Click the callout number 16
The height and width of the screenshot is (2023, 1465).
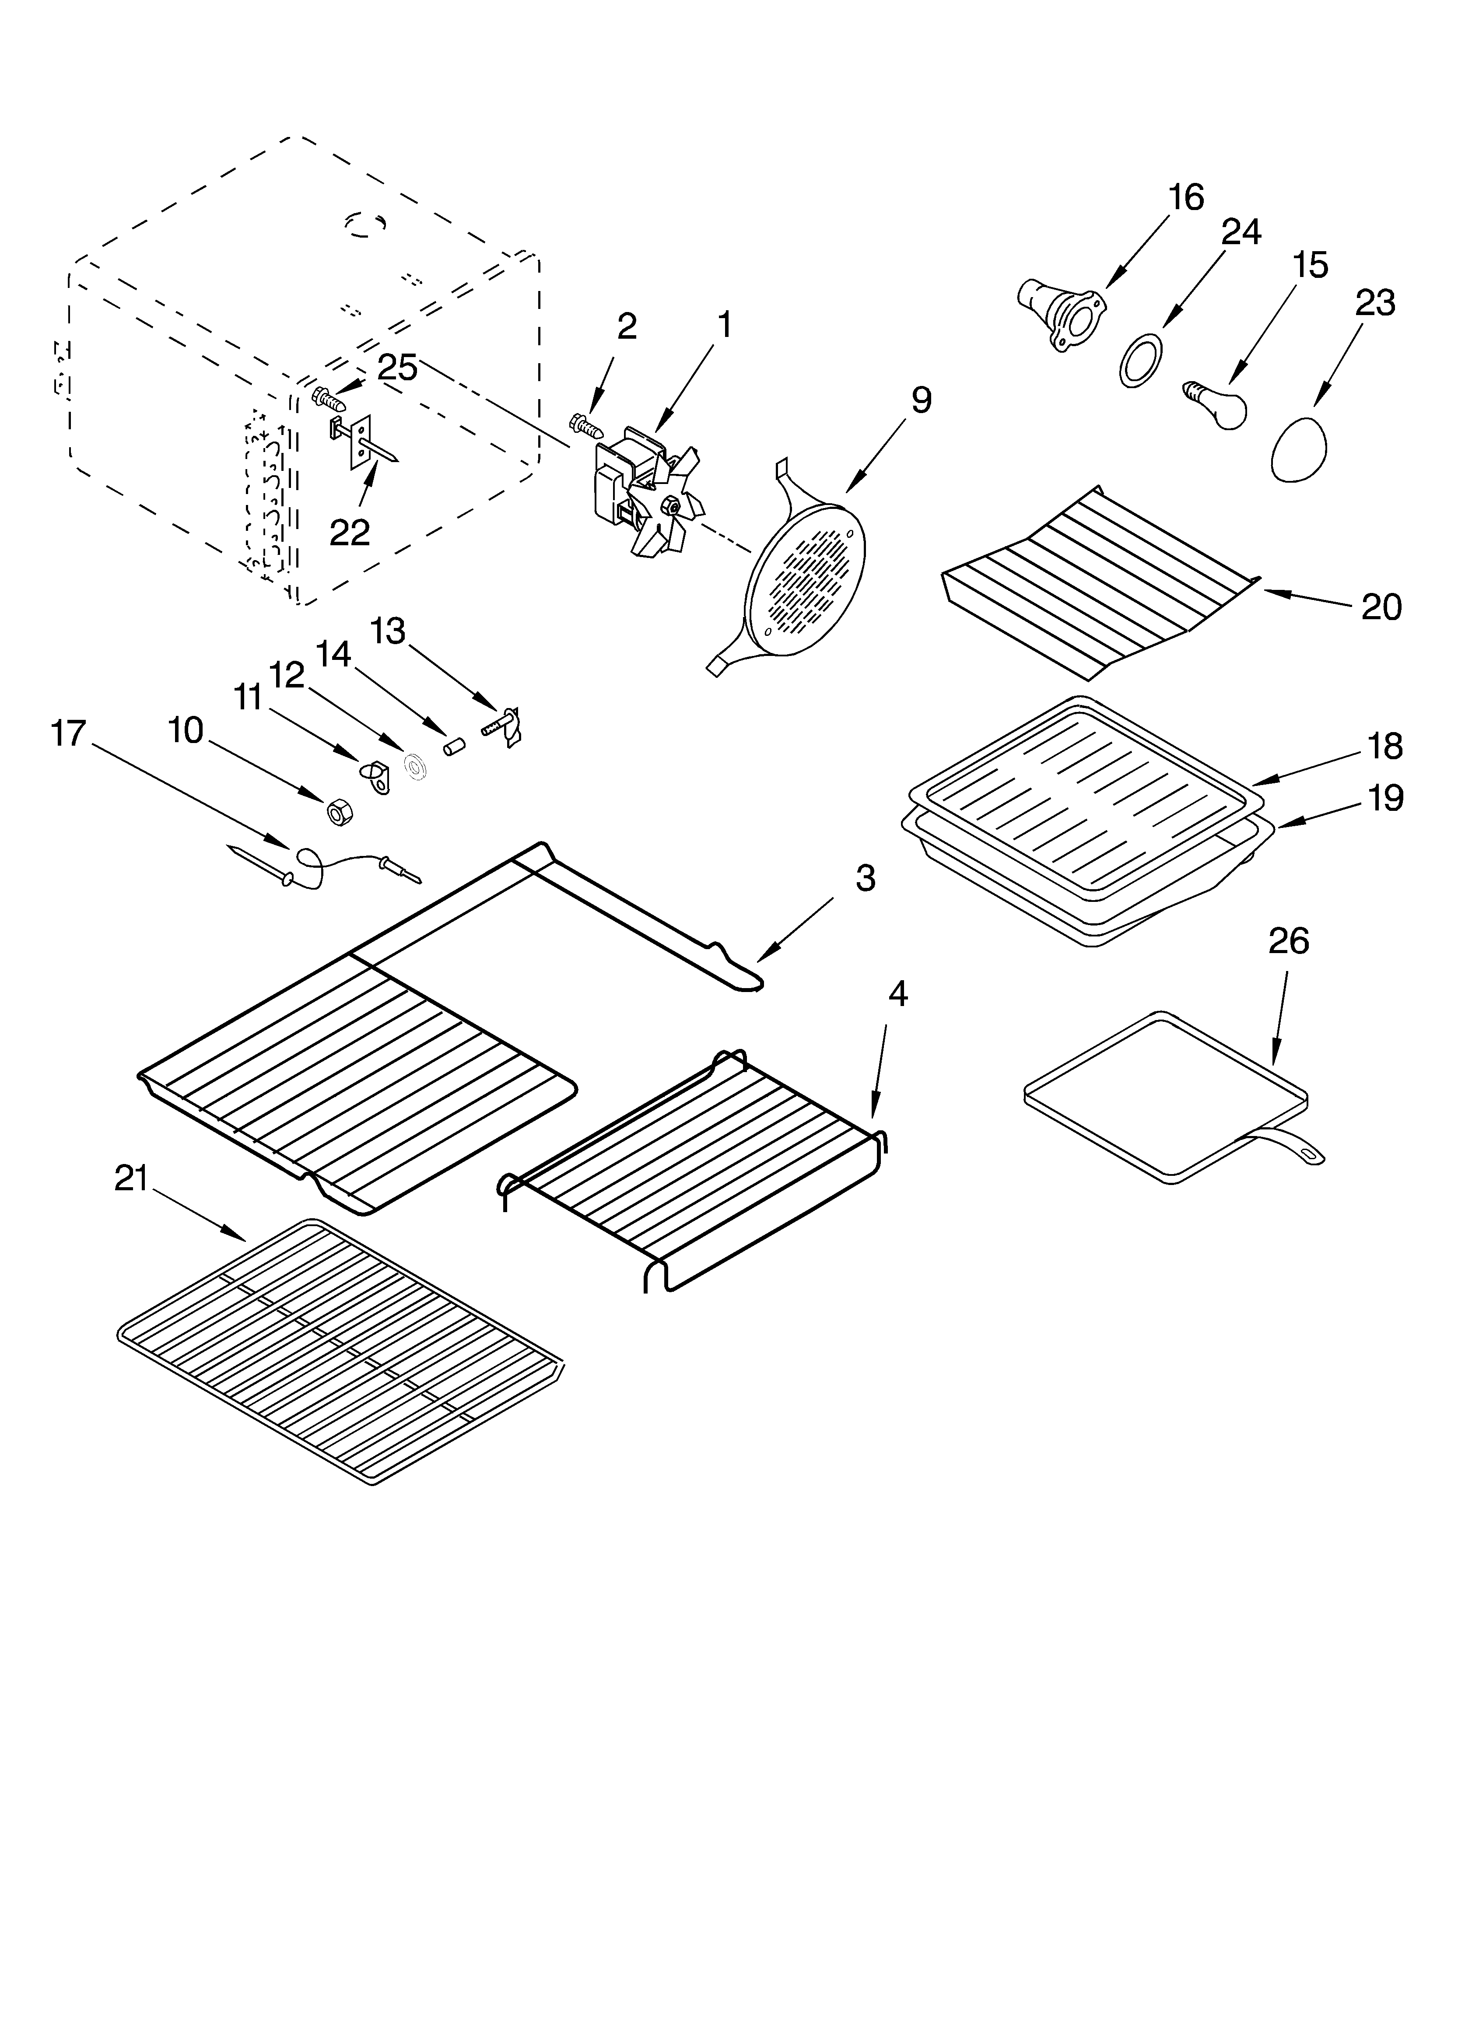tap(1186, 197)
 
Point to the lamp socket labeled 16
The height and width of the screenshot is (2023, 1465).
tap(1062, 313)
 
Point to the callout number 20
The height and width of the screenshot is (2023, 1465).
tap(1381, 607)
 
